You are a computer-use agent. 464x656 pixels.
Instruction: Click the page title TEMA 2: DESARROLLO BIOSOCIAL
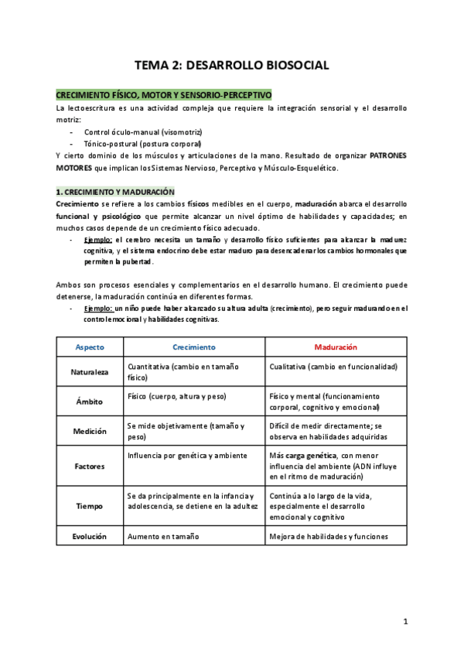pyautogui.click(x=232, y=67)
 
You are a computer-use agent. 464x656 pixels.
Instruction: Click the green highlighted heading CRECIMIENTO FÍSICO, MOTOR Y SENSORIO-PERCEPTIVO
pyautogui.click(x=164, y=94)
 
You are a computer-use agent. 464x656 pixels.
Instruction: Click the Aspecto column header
pyautogui.click(x=89, y=347)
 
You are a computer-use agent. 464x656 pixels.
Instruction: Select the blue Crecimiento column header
pyautogui.click(x=193, y=347)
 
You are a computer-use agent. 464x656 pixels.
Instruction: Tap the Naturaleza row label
pyautogui.click(x=89, y=372)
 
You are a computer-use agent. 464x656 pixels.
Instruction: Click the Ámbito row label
pyautogui.click(x=89, y=401)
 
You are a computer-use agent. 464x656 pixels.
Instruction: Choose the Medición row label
pyautogui.click(x=89, y=431)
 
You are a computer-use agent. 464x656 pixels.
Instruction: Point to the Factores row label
pyautogui.click(x=89, y=466)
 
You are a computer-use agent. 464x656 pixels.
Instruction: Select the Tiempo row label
pyautogui.click(x=89, y=505)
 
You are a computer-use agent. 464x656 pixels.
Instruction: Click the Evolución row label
pyautogui.click(x=89, y=536)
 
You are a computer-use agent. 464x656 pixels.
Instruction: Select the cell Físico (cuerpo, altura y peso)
pyautogui.click(x=176, y=396)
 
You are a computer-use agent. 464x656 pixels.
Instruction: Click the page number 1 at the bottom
pyautogui.click(x=405, y=621)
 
